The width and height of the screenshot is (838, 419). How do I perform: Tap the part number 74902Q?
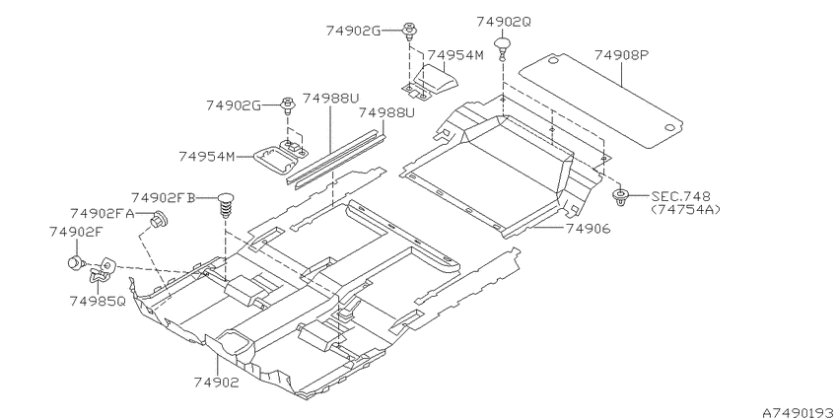[x=504, y=22]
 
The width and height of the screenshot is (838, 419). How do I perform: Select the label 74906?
[x=588, y=229]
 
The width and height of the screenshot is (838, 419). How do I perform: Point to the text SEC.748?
[x=681, y=196]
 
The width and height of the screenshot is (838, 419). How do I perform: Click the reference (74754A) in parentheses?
[x=685, y=209]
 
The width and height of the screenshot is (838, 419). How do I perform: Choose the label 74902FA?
[x=102, y=214]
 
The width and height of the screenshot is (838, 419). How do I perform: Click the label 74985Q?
[x=98, y=302]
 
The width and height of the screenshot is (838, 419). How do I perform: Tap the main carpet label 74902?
[x=217, y=383]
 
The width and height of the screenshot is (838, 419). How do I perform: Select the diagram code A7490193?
[x=798, y=413]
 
